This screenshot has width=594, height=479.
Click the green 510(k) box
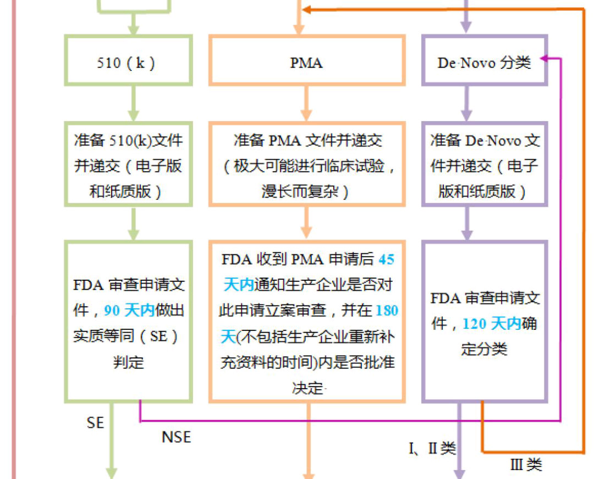coord(128,61)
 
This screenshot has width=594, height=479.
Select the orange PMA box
coord(306,61)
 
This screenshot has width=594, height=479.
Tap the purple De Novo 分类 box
coord(484,61)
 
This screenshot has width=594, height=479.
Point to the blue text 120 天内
coord(491,324)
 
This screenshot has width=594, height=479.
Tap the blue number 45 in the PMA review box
coord(386,259)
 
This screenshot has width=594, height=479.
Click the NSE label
coord(176,437)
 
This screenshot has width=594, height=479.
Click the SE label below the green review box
coord(95,422)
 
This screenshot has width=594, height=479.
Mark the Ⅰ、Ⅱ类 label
coord(432,449)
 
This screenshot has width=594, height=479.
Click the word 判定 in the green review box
coord(128,362)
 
